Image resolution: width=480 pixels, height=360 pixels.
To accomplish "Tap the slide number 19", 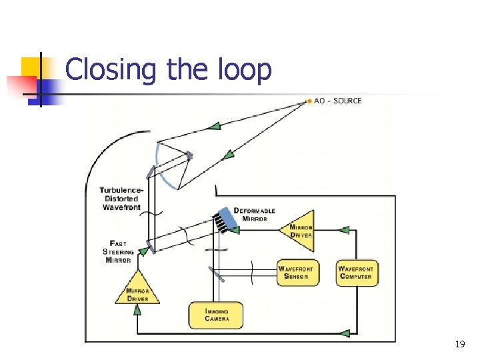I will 459,345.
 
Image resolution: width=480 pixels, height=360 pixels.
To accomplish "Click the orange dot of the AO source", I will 309,101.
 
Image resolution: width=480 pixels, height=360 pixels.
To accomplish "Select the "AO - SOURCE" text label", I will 338,101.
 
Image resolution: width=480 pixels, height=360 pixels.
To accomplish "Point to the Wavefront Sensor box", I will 297,273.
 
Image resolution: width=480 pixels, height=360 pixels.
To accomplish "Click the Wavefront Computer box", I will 357,273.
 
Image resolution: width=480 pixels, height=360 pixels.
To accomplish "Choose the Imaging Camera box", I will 216,315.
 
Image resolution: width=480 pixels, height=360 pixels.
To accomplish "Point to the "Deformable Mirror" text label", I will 254,215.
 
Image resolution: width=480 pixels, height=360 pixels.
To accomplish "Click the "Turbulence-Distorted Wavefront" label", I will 121,199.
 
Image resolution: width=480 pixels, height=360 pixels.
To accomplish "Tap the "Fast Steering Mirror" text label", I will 118,252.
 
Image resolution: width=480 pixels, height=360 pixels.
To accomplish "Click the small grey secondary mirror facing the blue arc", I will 190,157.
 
